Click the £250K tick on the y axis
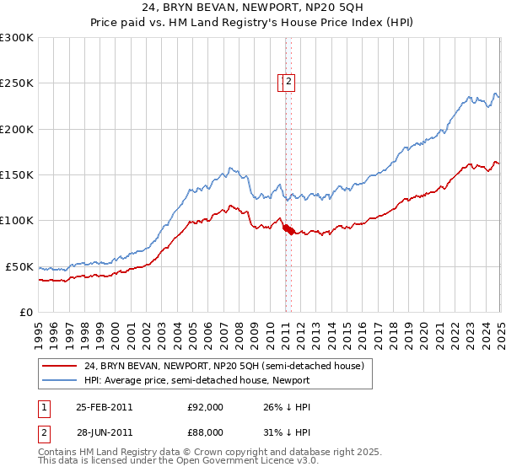click(x=17, y=83)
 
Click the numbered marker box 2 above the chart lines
click(x=288, y=82)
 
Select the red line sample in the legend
click(x=59, y=367)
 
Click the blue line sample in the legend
click(x=59, y=380)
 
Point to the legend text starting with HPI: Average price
click(x=198, y=380)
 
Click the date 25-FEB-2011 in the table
click(x=104, y=407)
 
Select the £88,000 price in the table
click(x=205, y=432)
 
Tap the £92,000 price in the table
click(x=205, y=407)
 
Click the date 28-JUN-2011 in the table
click(x=104, y=432)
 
